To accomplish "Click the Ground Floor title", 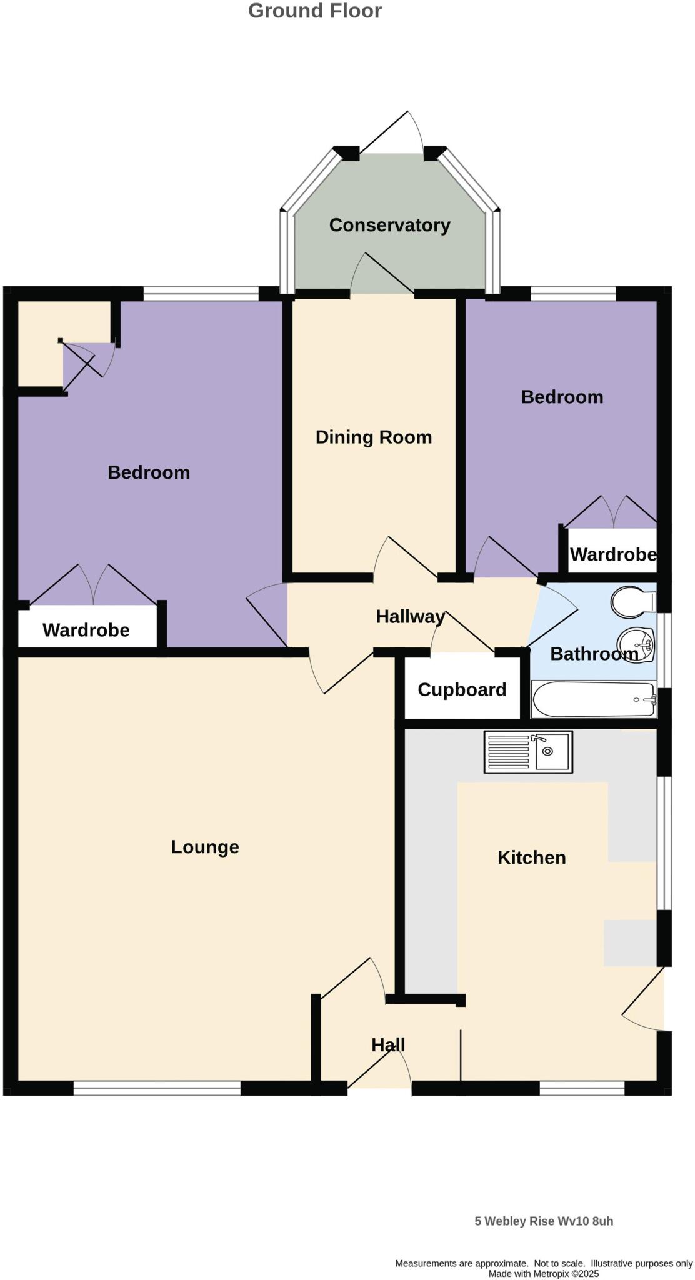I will point(314,11).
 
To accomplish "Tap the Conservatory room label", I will point(389,225).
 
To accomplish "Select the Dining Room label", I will point(373,437).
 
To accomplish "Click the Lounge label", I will point(205,847).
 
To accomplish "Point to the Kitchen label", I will point(531,857).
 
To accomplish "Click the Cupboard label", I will point(462,689).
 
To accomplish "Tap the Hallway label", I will point(410,617).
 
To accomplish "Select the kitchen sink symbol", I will point(528,752).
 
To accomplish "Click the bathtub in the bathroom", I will point(593,699).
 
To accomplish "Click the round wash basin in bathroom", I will point(635,642).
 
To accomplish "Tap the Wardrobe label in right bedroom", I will point(612,554).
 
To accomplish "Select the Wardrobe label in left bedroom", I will point(86,630).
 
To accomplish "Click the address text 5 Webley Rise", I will point(543,1221).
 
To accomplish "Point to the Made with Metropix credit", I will point(543,1274).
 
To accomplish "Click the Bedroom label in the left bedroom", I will point(149,472).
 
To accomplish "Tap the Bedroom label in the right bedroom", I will point(562,397).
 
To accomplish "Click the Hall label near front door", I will point(388,1045).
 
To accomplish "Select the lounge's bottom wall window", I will point(157,1088).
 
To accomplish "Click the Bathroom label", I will point(594,654).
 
